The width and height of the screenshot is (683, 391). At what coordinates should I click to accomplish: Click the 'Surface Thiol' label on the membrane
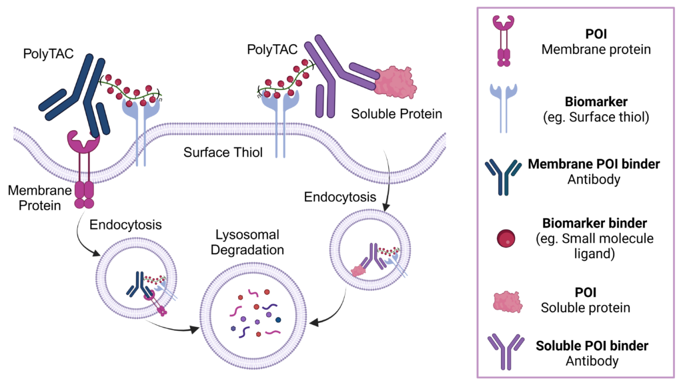(x=223, y=153)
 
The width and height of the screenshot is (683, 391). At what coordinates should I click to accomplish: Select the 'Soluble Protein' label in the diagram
(x=396, y=114)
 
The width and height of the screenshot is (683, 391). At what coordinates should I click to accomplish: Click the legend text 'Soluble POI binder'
(x=592, y=346)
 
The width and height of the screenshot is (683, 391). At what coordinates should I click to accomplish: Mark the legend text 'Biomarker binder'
(x=592, y=224)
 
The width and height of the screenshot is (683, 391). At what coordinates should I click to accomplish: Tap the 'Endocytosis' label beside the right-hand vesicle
(x=333, y=197)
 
